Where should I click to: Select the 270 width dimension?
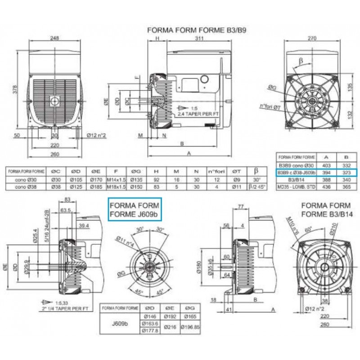point(310,38)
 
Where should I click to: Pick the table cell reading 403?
point(322,166)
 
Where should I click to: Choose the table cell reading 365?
point(341,185)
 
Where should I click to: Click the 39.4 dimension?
point(83,225)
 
